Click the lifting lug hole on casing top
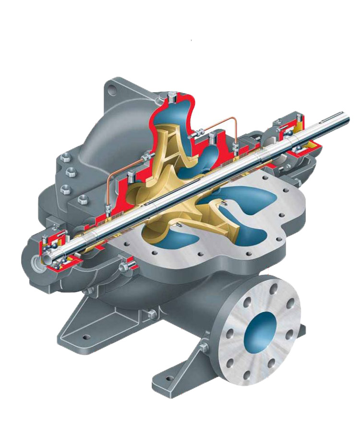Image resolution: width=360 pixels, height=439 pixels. [112, 89]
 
